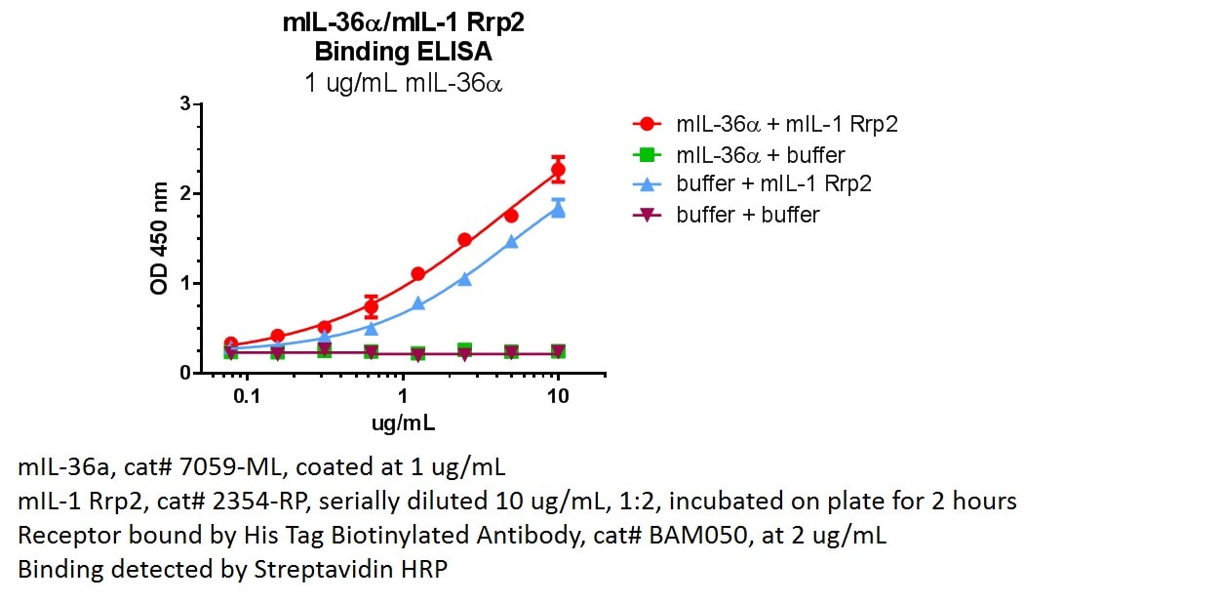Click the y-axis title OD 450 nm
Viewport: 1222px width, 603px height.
coord(160,238)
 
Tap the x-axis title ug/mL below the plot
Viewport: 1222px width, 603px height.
coord(403,423)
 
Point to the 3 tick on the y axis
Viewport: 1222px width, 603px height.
coord(184,103)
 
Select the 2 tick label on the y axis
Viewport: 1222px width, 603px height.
coord(184,193)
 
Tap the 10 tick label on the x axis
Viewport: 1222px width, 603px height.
coord(558,398)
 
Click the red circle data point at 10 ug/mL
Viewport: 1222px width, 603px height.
coord(558,170)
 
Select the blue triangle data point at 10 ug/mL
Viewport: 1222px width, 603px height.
coord(558,209)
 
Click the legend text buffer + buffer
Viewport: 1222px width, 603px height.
coord(747,215)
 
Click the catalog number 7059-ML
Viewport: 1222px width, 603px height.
coord(226,466)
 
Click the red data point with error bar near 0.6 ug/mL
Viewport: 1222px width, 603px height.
coord(371,307)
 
